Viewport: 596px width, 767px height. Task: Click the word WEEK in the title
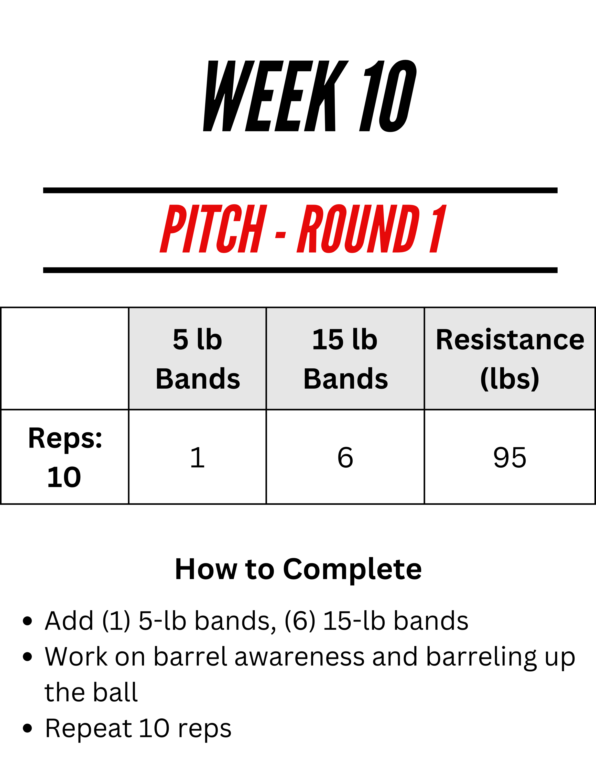point(276,96)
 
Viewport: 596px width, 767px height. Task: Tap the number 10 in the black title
point(388,96)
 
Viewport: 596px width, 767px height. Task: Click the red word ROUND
point(359,229)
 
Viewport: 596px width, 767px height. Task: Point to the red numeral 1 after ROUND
point(438,229)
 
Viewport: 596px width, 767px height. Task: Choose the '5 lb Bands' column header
point(198,358)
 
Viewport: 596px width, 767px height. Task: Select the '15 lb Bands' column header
point(345,358)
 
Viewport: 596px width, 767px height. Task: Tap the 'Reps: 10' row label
point(65,457)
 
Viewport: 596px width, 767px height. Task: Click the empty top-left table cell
point(65,358)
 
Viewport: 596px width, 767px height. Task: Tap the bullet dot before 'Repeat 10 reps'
point(27,728)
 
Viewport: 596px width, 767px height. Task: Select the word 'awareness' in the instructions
point(299,657)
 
